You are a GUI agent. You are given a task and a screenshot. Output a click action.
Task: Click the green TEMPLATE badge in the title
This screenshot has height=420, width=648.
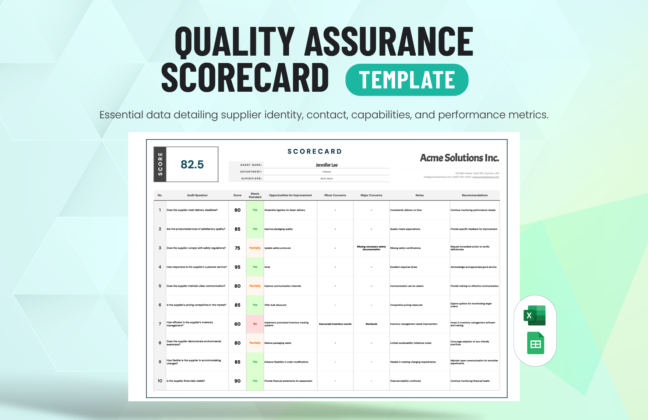(x=407, y=80)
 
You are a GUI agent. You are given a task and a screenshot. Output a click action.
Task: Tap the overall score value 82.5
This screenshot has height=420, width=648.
(x=192, y=164)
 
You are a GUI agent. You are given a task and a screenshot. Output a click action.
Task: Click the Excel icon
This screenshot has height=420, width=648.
(x=535, y=315)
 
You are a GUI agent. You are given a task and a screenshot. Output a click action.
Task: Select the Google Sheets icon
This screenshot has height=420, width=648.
(x=535, y=343)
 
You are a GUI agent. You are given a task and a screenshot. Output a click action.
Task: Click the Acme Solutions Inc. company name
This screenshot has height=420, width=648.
(x=459, y=158)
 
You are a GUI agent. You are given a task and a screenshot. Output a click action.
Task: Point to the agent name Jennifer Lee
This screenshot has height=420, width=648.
(x=327, y=165)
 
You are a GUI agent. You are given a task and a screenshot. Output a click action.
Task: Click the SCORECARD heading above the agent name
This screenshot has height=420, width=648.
(x=314, y=151)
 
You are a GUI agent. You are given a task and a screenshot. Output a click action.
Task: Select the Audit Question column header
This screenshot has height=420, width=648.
(x=197, y=195)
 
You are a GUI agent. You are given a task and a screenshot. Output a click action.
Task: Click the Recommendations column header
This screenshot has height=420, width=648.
(x=475, y=195)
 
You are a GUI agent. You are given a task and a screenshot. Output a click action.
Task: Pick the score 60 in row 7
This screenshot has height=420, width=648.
(x=237, y=324)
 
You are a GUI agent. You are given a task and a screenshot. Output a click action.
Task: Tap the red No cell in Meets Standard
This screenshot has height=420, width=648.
(x=255, y=324)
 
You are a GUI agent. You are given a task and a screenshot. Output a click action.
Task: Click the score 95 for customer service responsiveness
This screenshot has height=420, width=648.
(x=237, y=267)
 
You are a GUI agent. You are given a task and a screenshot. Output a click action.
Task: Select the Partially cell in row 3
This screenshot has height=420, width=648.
(x=255, y=248)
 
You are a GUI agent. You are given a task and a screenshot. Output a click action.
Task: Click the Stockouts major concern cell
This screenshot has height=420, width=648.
(x=371, y=324)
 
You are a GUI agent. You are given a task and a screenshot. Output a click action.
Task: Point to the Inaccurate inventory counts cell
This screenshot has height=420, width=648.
(x=335, y=324)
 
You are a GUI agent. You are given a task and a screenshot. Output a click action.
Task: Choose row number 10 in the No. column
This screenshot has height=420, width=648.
(x=160, y=381)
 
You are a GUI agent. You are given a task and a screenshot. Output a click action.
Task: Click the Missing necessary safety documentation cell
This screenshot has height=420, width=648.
(x=371, y=248)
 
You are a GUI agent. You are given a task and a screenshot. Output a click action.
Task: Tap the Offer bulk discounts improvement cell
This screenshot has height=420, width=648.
(x=275, y=305)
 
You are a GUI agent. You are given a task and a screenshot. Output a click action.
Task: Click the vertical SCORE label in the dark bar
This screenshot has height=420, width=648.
(x=160, y=164)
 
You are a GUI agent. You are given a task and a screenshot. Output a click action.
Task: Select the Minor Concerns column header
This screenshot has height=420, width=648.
(x=335, y=195)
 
